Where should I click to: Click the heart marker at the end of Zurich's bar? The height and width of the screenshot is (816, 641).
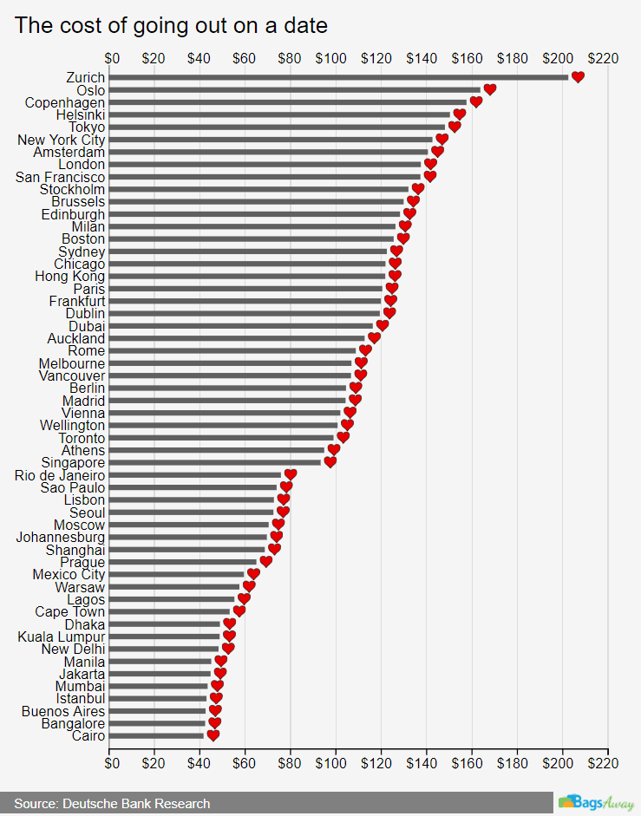[x=578, y=77]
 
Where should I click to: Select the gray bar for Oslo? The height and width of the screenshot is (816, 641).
[x=296, y=89]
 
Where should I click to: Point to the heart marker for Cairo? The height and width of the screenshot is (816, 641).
[x=213, y=736]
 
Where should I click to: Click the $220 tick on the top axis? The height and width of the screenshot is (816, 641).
[x=603, y=58]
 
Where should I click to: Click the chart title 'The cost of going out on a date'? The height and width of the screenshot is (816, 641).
[x=171, y=25]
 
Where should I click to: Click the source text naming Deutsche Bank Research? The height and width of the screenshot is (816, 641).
[x=112, y=804]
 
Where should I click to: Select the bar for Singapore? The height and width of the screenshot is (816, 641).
[x=217, y=463]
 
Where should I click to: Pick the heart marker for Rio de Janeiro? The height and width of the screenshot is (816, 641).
[x=291, y=474]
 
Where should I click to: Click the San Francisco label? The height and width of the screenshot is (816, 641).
[x=61, y=177]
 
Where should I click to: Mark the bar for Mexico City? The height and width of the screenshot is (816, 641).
[x=178, y=574]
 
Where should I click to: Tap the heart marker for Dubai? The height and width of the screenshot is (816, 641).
[x=383, y=326]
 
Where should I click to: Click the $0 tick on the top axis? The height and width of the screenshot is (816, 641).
[x=112, y=58]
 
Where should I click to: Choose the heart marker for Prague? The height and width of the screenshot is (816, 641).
[x=265, y=562]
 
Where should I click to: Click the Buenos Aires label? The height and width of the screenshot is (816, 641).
[x=63, y=711]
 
